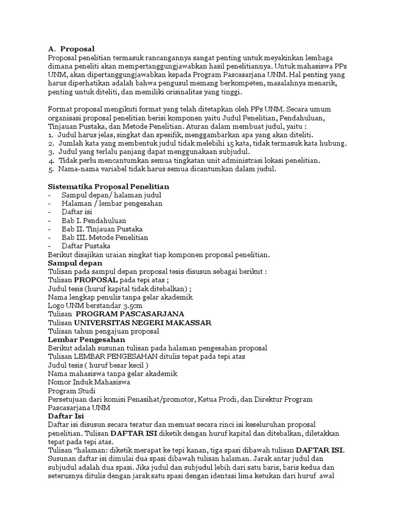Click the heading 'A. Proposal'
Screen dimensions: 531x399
71,49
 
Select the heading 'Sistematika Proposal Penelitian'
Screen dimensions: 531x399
108,186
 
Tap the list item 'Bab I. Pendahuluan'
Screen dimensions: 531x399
94,220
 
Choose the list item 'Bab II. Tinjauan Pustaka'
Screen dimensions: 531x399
102,229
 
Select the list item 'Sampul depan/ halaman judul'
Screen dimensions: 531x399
112,195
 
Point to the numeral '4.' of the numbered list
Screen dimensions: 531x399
50,161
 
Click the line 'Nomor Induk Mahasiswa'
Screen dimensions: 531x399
89,382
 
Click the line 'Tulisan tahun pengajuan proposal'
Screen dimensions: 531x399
103,331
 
